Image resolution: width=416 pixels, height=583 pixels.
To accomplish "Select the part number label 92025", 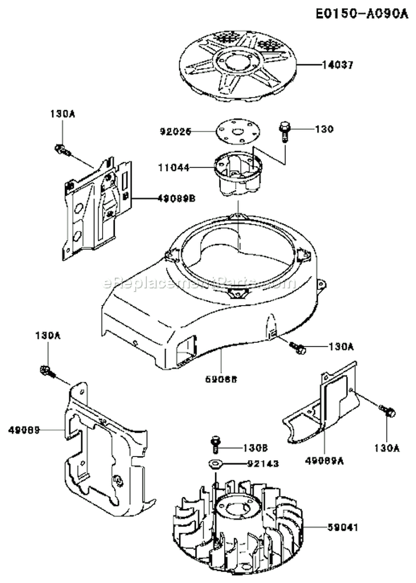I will point(175,131).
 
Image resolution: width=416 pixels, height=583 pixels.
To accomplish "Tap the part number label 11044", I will point(175,166).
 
